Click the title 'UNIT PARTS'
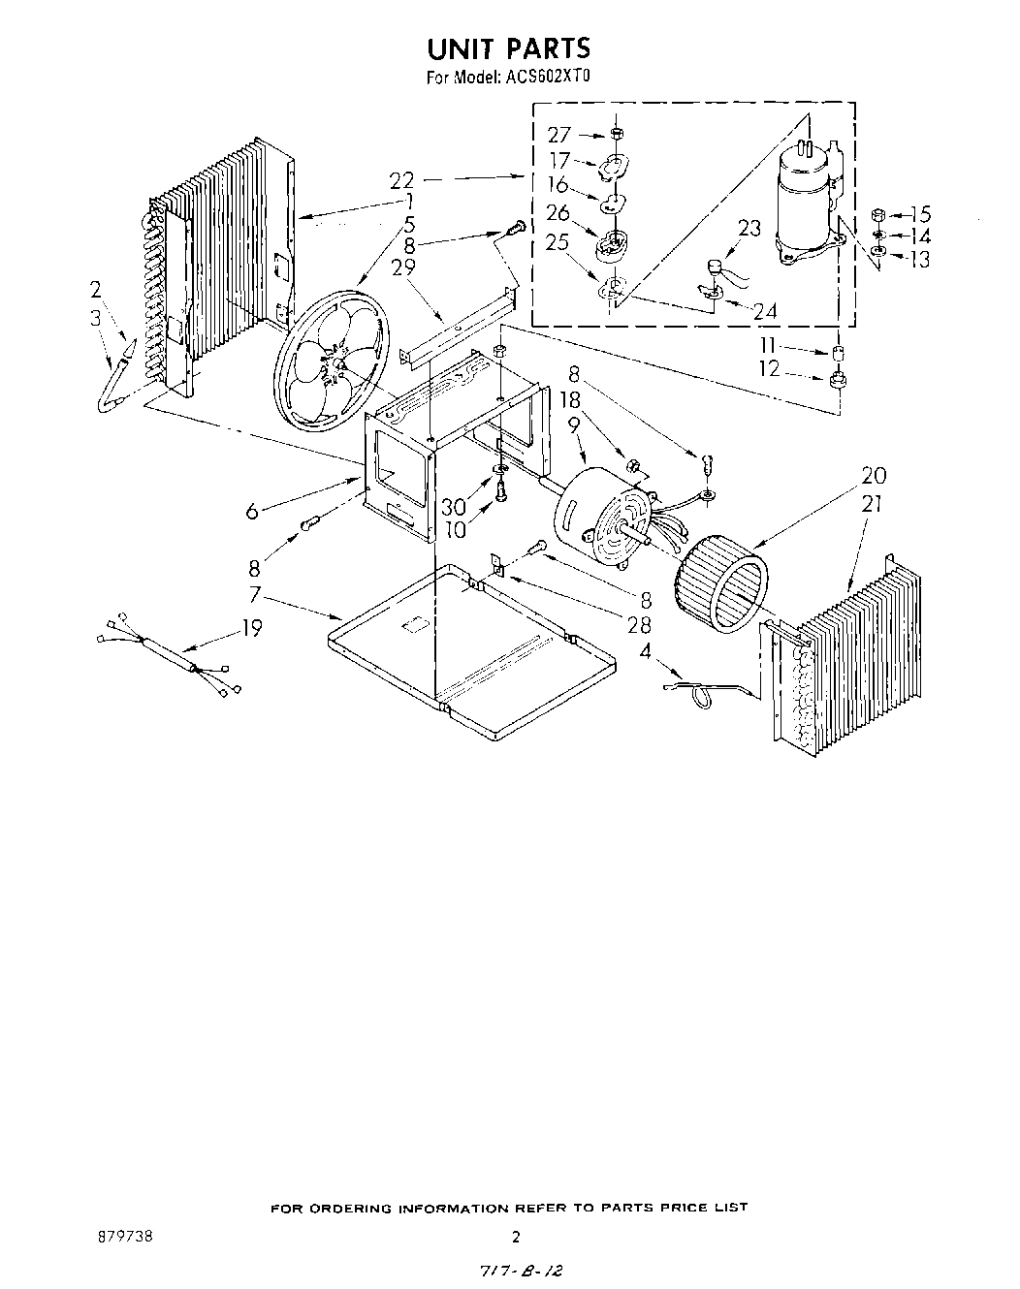[509, 48]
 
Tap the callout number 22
[402, 179]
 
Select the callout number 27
[559, 135]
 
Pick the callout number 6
[252, 512]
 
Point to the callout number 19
[252, 628]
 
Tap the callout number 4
[645, 651]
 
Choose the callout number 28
[639, 626]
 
